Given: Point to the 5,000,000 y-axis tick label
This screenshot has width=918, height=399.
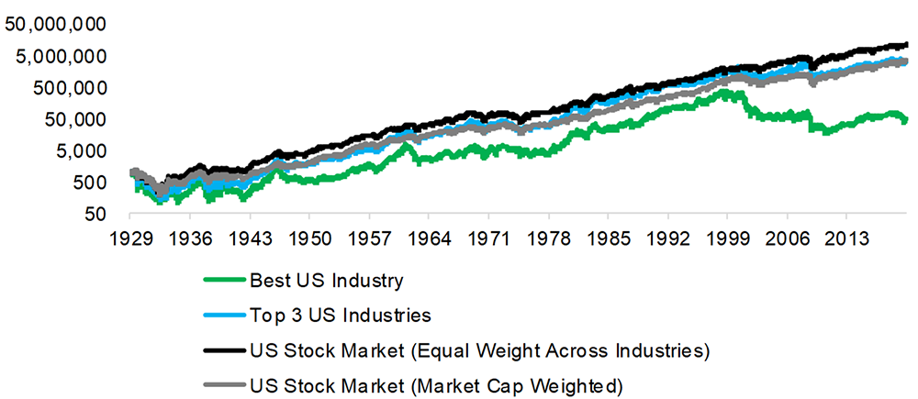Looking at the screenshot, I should pyautogui.click(x=60, y=55).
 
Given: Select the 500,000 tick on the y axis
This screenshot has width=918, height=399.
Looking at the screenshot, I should pyautogui.click(x=65, y=87).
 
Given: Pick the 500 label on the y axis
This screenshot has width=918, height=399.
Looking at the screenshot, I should pyautogui.click(x=85, y=183).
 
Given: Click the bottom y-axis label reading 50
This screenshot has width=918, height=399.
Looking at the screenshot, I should pyautogui.click(x=91, y=214).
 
